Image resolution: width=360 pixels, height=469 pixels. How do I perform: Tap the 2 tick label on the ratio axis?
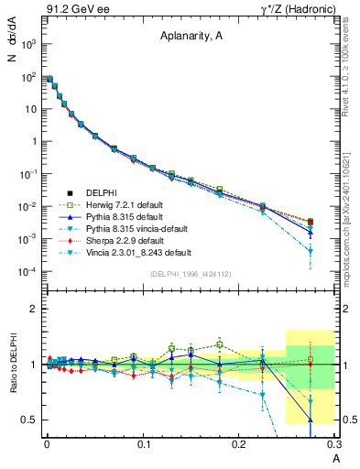(33, 309)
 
